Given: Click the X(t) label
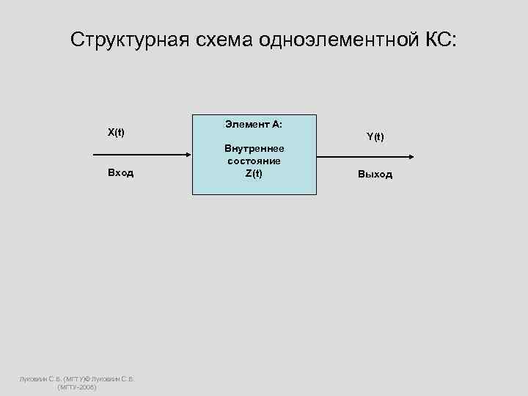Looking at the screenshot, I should tap(116, 133).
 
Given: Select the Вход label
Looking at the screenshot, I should tap(120, 174).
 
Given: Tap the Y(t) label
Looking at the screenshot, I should tap(375, 137).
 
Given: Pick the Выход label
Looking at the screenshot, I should tap(375, 175).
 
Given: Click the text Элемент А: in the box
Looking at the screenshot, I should tap(254, 125).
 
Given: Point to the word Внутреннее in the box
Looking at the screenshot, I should tap(254, 149).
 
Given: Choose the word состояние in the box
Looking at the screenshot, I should tap(254, 161).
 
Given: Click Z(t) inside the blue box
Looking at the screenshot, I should tap(254, 172).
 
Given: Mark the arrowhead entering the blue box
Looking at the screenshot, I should tap(188, 155).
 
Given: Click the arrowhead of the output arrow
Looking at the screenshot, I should tap(411, 155).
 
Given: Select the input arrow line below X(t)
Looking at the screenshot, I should tap(139, 155).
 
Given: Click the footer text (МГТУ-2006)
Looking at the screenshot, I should tap(77, 386).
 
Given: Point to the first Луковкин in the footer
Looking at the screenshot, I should tap(33, 378).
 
